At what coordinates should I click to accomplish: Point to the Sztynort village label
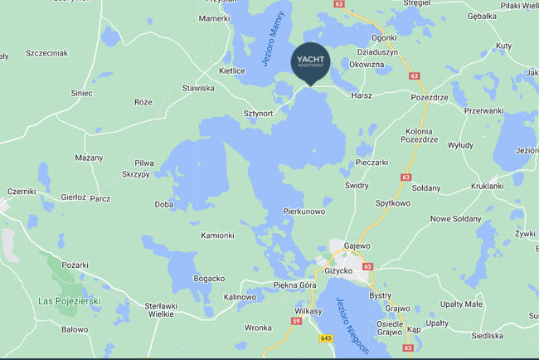[x=258, y=113]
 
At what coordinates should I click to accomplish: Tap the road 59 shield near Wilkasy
[x=295, y=320]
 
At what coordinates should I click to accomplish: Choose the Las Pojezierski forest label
[x=70, y=300]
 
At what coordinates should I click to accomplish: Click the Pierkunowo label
[x=304, y=212]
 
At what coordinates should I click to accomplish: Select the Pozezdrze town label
[x=430, y=97]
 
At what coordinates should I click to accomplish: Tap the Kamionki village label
[x=217, y=236]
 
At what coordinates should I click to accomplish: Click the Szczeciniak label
[x=46, y=53]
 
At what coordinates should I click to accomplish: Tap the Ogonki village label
[x=384, y=37]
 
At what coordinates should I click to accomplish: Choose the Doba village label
[x=164, y=204]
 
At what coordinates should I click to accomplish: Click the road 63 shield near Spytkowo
[x=405, y=177]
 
